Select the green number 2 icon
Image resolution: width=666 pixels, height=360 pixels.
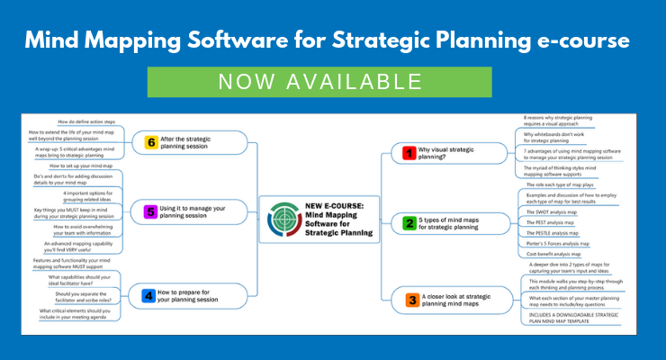pyautogui.click(x=409, y=222)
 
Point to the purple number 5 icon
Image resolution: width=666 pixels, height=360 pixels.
pyautogui.click(x=151, y=211)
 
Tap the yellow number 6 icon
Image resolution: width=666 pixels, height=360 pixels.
pyautogui.click(x=151, y=140)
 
